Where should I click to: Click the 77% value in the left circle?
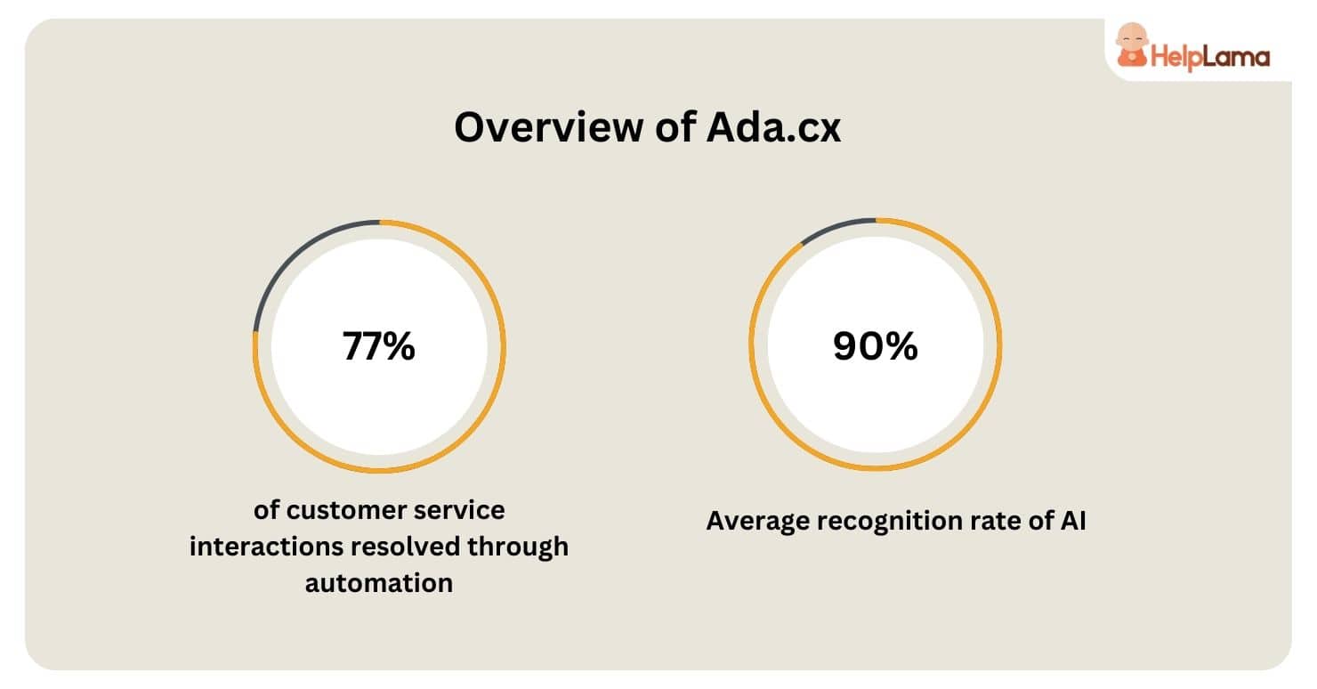[x=379, y=345]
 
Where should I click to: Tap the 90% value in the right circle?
[x=876, y=345]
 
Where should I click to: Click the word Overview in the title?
[x=548, y=127]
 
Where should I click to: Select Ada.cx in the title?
[x=774, y=127]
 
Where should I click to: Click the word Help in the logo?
[x=1176, y=57]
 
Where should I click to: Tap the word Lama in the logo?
[x=1236, y=56]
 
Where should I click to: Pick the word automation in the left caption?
[x=379, y=583]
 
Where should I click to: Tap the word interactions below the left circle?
[x=266, y=547]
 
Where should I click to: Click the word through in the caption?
[x=518, y=547]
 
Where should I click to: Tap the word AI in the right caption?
[x=1073, y=521]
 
